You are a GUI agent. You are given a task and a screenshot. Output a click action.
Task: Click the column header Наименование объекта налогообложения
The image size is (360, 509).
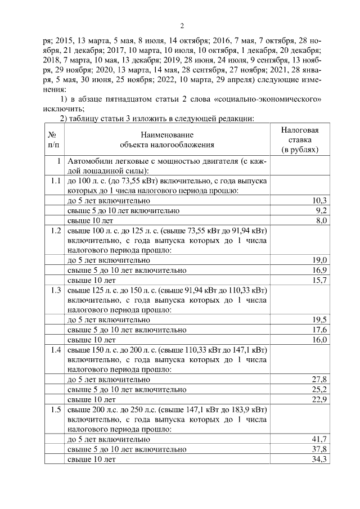pyautogui.click(x=167, y=139)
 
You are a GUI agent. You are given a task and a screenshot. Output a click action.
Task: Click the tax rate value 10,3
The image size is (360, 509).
pyautogui.click(x=319, y=201)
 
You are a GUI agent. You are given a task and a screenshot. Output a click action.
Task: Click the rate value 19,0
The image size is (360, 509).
pyautogui.click(x=319, y=260)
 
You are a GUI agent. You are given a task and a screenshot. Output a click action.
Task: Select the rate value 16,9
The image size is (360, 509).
pyautogui.click(x=319, y=270)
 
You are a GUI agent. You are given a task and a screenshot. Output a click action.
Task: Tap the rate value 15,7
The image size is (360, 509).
pyautogui.click(x=319, y=280)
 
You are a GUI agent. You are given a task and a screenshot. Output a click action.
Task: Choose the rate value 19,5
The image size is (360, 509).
pyautogui.click(x=319, y=320)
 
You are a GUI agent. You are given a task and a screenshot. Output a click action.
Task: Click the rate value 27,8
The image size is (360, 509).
pyautogui.click(x=319, y=380)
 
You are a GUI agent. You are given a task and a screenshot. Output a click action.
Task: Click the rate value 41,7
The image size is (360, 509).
pyautogui.click(x=319, y=439)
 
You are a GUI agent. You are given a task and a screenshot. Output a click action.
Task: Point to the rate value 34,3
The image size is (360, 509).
pyautogui.click(x=319, y=459)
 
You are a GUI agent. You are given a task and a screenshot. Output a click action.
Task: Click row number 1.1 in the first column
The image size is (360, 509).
pyautogui.click(x=55, y=181)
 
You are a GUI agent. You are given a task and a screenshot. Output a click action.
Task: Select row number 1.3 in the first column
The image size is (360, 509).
pyautogui.click(x=55, y=290)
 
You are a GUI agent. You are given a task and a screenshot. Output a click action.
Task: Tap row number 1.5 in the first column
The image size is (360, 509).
pyautogui.click(x=55, y=409)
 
